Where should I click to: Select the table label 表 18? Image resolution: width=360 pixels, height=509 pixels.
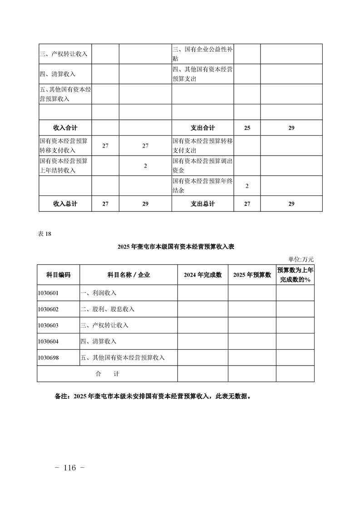pyautogui.click(x=45, y=234)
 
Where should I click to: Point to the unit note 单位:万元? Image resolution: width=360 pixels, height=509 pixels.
pyautogui.click(x=301, y=259)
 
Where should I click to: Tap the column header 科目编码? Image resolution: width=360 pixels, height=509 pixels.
pyautogui.click(x=58, y=275)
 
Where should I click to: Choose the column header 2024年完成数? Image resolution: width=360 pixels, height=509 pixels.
pyautogui.click(x=202, y=275)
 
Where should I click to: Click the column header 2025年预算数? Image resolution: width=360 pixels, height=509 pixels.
pyautogui.click(x=252, y=275)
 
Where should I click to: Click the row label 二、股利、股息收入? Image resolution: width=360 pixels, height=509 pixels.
pyautogui.click(x=108, y=309)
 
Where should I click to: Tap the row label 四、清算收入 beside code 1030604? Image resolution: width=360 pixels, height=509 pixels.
pyautogui.click(x=99, y=341)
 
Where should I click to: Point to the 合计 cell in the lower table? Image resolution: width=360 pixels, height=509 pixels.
pyautogui.click(x=107, y=374)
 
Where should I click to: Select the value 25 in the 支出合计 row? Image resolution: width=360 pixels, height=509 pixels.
pyautogui.click(x=247, y=128)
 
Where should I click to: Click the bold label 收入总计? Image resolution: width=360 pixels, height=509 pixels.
pyautogui.click(x=65, y=204)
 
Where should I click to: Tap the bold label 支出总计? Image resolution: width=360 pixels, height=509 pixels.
pyautogui.click(x=202, y=204)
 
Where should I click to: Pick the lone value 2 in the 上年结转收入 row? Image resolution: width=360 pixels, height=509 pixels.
pyautogui.click(x=145, y=166)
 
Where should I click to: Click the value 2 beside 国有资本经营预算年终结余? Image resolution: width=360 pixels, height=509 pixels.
pyautogui.click(x=247, y=186)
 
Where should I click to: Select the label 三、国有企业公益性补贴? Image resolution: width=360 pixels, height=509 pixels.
pyautogui.click(x=202, y=54)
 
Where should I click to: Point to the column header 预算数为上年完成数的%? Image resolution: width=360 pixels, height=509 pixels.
pyautogui.click(x=295, y=275)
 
